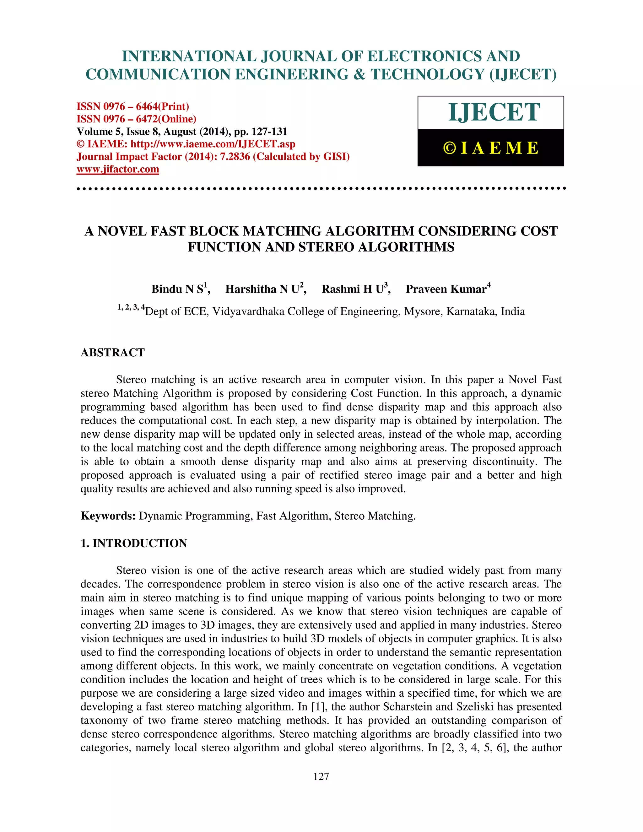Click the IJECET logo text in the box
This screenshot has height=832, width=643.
(494, 112)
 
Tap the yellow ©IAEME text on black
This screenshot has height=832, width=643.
(491, 148)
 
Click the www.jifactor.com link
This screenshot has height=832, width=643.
(118, 169)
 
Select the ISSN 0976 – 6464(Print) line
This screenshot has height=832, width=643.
(133, 106)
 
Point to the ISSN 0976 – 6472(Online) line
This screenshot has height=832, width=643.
(136, 119)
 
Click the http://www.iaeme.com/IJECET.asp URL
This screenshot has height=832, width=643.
(213, 144)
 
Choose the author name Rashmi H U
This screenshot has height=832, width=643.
(352, 289)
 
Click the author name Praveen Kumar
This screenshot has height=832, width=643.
(446, 289)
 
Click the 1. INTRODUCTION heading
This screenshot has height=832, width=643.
(134, 543)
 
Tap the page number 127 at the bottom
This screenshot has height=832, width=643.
(321, 776)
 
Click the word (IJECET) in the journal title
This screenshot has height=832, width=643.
(523, 74)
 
